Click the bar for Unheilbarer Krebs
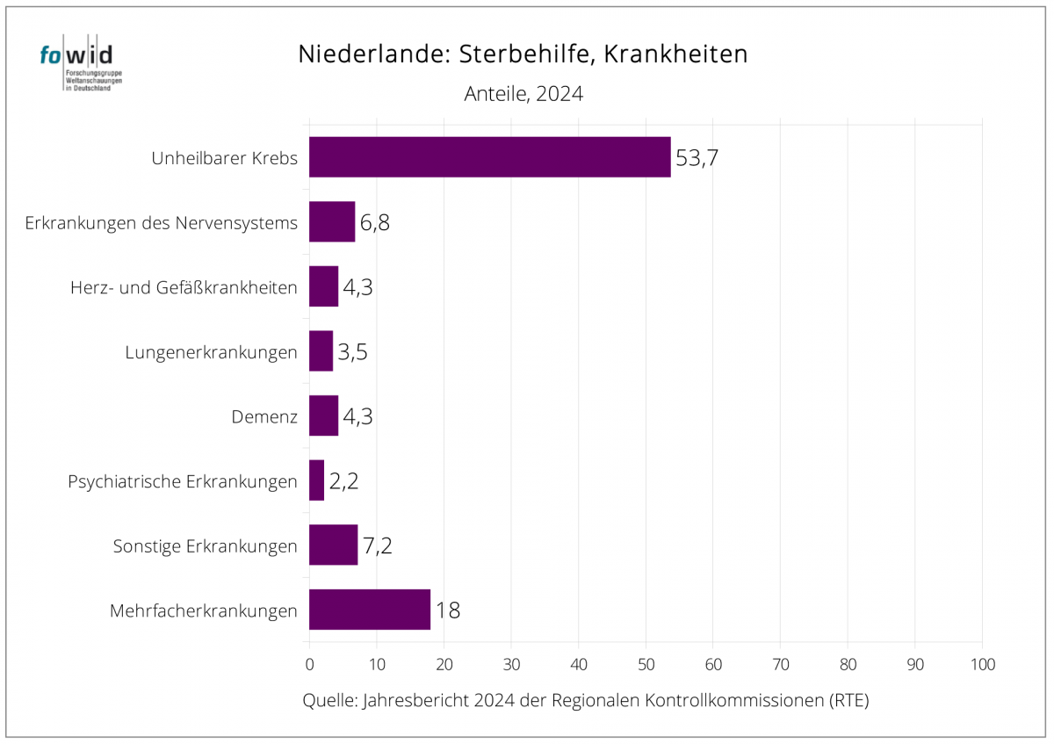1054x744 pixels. tap(489, 157)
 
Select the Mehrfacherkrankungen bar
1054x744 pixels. tap(370, 610)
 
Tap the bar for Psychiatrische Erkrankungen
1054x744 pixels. tap(316, 480)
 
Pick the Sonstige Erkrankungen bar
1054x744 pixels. tap(333, 545)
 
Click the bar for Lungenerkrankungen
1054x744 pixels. tap(321, 351)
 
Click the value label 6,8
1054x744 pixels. tap(374, 222)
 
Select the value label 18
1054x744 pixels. tap(448, 610)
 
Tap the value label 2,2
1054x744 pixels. tap(343, 481)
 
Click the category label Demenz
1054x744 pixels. tap(263, 417)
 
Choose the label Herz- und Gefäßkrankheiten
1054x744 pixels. tap(184, 287)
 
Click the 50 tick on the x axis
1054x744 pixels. tap(646, 665)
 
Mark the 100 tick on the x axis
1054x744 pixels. tap(982, 665)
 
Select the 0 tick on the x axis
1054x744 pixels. tap(309, 665)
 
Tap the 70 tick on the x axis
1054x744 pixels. tap(780, 665)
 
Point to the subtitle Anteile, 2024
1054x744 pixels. tap(523, 94)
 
